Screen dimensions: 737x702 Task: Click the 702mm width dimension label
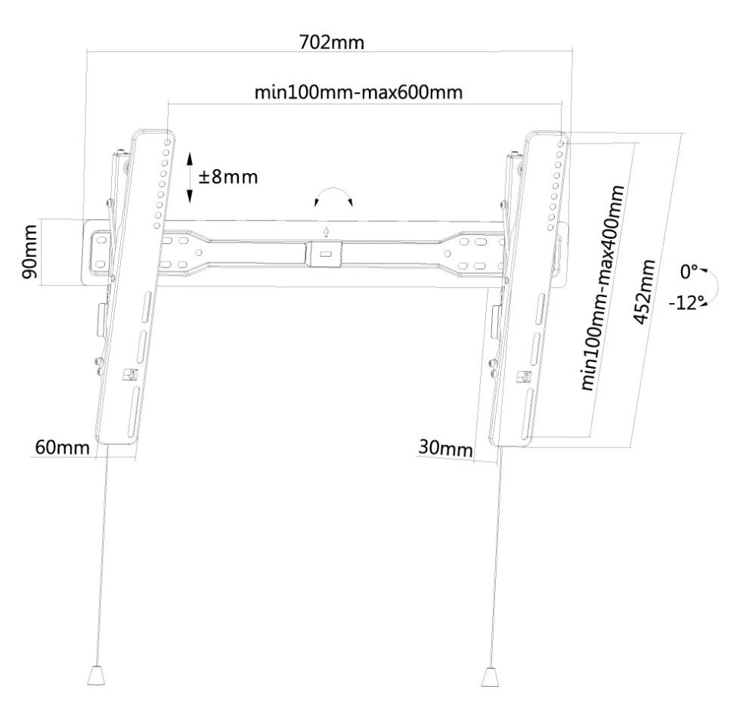pyautogui.click(x=332, y=42)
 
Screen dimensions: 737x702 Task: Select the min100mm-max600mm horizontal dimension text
pyautogui.click(x=358, y=92)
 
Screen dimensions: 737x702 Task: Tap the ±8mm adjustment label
pyautogui.click(x=228, y=177)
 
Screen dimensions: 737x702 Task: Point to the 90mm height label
pyautogui.click(x=29, y=252)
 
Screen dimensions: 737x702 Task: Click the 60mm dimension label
pyautogui.click(x=62, y=447)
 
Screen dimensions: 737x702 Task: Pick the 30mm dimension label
pyautogui.click(x=445, y=448)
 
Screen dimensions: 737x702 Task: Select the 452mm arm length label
pyautogui.click(x=645, y=292)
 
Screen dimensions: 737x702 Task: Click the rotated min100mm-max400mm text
pyautogui.click(x=602, y=288)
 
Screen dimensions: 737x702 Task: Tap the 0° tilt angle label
pyautogui.click(x=689, y=271)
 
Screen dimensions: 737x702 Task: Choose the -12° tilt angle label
pyautogui.click(x=686, y=303)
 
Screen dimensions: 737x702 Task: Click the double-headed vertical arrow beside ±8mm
pyautogui.click(x=190, y=177)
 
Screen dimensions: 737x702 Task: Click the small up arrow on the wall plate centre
pyautogui.click(x=325, y=232)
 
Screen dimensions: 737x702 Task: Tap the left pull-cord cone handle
pyautogui.click(x=96, y=676)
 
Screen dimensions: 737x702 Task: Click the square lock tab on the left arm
pyautogui.click(x=129, y=375)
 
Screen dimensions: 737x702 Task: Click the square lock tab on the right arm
pyautogui.click(x=523, y=377)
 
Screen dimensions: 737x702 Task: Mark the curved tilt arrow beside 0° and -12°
pyautogui.click(x=714, y=286)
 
